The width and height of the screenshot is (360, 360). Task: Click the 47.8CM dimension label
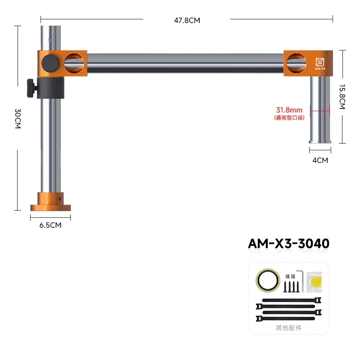tap(186, 20)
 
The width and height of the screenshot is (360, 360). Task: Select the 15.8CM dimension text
tap(342, 96)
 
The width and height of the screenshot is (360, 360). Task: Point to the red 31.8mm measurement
tap(289, 109)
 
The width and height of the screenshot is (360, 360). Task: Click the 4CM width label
tap(320, 160)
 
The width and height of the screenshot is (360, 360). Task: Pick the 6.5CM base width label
tap(50, 225)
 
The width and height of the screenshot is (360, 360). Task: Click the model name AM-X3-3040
tap(288, 243)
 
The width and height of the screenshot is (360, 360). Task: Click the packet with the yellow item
tap(316, 282)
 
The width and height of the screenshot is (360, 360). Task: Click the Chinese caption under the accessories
tap(288, 328)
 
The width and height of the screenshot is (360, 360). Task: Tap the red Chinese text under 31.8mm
tap(289, 117)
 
